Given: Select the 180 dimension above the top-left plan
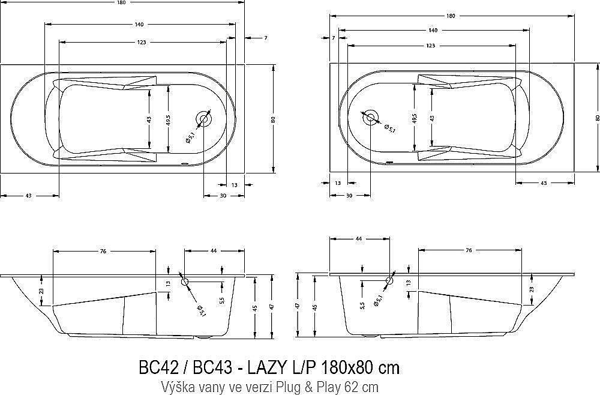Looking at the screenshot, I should [x=122, y=3].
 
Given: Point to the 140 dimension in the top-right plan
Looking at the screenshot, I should [x=432, y=30].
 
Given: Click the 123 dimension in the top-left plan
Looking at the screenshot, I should [x=142, y=43].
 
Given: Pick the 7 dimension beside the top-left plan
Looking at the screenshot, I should [x=265, y=38].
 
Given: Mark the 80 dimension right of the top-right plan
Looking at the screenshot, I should [x=597, y=118].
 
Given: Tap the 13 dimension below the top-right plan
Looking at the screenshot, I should [x=338, y=183].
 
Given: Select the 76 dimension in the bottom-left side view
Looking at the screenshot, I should [x=103, y=252].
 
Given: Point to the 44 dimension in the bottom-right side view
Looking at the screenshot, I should [x=359, y=239].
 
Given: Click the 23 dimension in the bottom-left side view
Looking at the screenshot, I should [x=41, y=291].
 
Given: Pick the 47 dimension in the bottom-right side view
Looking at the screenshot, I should [x=298, y=306].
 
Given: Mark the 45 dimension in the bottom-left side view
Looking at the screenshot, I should [x=255, y=308].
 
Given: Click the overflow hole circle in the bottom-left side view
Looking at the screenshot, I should [x=185, y=282].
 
